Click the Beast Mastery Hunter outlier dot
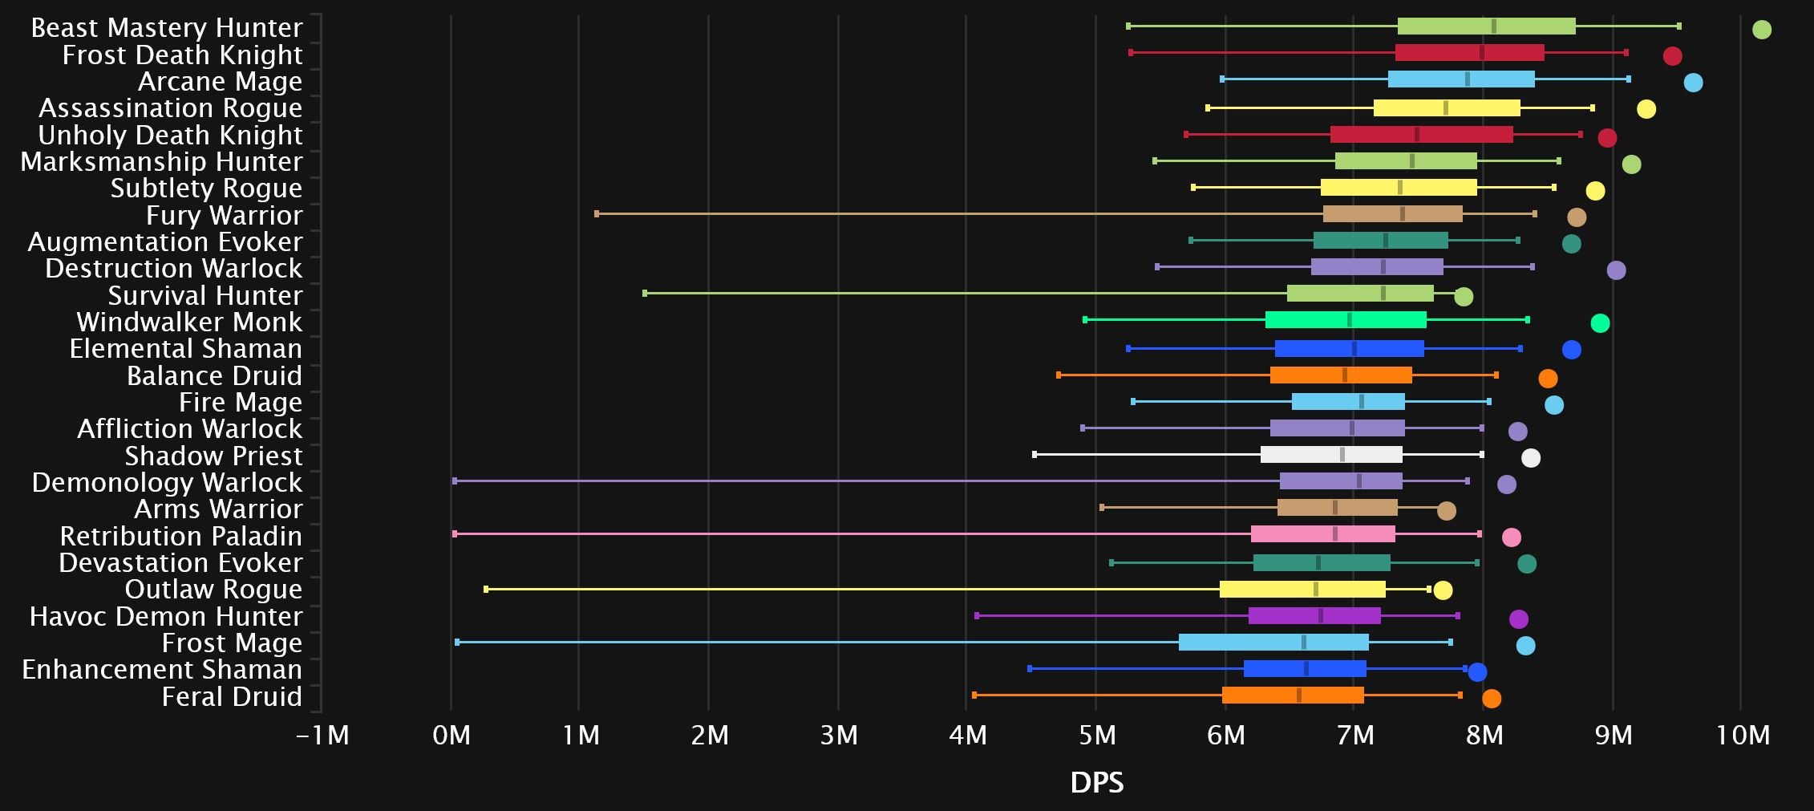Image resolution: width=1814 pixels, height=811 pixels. click(1761, 30)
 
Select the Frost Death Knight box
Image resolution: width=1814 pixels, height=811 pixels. click(1469, 53)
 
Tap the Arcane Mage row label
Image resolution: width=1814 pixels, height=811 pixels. click(220, 82)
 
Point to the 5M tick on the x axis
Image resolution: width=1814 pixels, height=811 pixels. click(1096, 735)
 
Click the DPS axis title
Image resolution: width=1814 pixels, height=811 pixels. click(1096, 782)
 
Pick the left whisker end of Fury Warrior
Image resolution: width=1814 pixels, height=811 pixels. click(597, 214)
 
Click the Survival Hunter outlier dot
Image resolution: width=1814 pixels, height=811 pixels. click(1463, 297)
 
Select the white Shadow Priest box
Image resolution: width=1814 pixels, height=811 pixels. click(1331, 455)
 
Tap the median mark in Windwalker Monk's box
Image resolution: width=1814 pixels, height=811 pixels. click(1350, 320)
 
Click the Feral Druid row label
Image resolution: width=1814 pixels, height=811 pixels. click(232, 696)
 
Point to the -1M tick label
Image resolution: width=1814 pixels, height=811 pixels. click(322, 735)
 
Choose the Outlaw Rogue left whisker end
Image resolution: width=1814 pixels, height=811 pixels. click(486, 590)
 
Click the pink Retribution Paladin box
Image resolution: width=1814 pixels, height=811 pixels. click(1322, 534)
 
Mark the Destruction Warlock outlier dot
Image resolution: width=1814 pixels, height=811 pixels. click(1616, 270)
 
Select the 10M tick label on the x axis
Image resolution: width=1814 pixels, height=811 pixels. click(1742, 735)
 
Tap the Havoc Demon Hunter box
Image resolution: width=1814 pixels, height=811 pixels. click(1314, 616)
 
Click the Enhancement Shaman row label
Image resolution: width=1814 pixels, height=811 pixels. click(162, 670)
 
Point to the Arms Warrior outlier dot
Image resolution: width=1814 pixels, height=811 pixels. click(1446, 511)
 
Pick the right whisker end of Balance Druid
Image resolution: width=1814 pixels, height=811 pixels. click(1496, 375)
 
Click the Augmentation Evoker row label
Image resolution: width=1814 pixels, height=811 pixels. click(165, 242)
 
